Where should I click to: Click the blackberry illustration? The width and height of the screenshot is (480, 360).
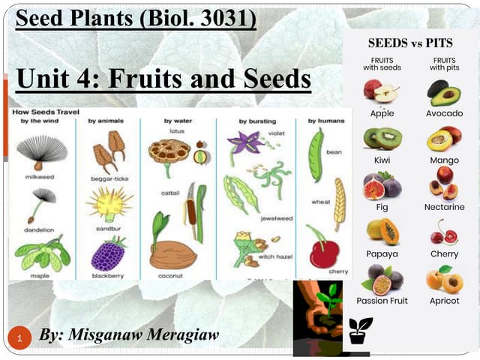pyautogui.click(x=108, y=253)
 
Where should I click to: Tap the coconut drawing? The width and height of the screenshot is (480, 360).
pyautogui.click(x=172, y=254)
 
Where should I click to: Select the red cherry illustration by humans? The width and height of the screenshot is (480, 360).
pyautogui.click(x=324, y=253)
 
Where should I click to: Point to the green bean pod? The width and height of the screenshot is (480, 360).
pyautogui.click(x=316, y=154)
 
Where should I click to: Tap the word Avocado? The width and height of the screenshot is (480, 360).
pyautogui.click(x=444, y=114)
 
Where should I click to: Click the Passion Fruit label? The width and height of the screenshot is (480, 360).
pyautogui.click(x=382, y=301)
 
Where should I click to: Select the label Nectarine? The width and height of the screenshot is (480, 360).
pyautogui.click(x=444, y=207)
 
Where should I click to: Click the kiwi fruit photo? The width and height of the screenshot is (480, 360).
pyautogui.click(x=382, y=138)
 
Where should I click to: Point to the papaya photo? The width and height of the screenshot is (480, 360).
pyautogui.click(x=382, y=231)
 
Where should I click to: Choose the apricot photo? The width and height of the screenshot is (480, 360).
pyautogui.click(x=444, y=278)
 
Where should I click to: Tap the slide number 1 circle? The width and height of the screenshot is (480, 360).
pyautogui.click(x=22, y=337)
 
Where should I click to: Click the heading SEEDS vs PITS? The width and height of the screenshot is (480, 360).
pyautogui.click(x=410, y=43)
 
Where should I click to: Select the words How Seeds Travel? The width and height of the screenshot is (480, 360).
pyautogui.click(x=44, y=112)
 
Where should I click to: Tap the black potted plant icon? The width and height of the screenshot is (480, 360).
pyautogui.click(x=361, y=330)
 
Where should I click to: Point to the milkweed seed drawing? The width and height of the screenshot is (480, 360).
pyautogui.click(x=41, y=154)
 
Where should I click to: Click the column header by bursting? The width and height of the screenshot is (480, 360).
pyautogui.click(x=257, y=121)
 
